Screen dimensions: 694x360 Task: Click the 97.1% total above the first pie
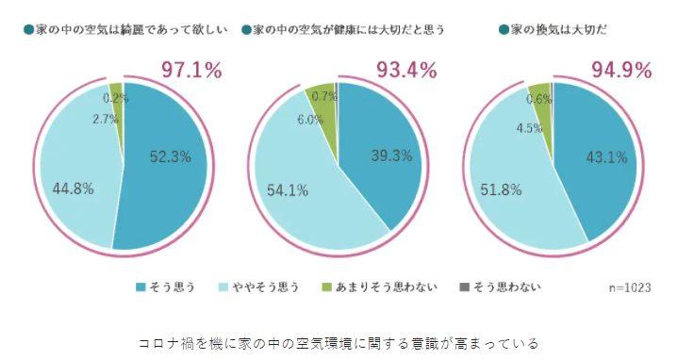(x=191, y=70)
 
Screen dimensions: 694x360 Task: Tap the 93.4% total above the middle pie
(x=406, y=70)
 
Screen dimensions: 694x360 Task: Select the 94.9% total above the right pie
(x=621, y=70)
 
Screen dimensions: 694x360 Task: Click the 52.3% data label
(x=171, y=156)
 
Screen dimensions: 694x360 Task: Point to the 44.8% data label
(x=73, y=188)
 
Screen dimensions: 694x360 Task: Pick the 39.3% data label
(x=391, y=155)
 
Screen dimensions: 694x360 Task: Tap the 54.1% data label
(x=288, y=190)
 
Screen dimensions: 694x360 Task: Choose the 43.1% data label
(x=607, y=157)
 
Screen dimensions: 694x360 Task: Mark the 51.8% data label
(x=501, y=189)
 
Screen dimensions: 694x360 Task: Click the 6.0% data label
(x=310, y=120)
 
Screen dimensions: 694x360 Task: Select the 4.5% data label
(x=529, y=128)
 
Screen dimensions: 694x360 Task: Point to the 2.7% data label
(x=106, y=119)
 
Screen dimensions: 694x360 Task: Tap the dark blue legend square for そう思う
(x=140, y=287)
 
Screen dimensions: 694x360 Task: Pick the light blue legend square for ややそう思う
(x=224, y=287)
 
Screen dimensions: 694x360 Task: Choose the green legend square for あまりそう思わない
(x=326, y=287)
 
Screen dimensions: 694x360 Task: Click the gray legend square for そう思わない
(x=464, y=287)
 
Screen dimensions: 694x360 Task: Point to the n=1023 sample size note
(x=630, y=288)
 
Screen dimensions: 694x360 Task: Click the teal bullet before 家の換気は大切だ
(x=504, y=30)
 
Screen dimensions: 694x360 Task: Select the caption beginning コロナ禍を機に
(x=339, y=343)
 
